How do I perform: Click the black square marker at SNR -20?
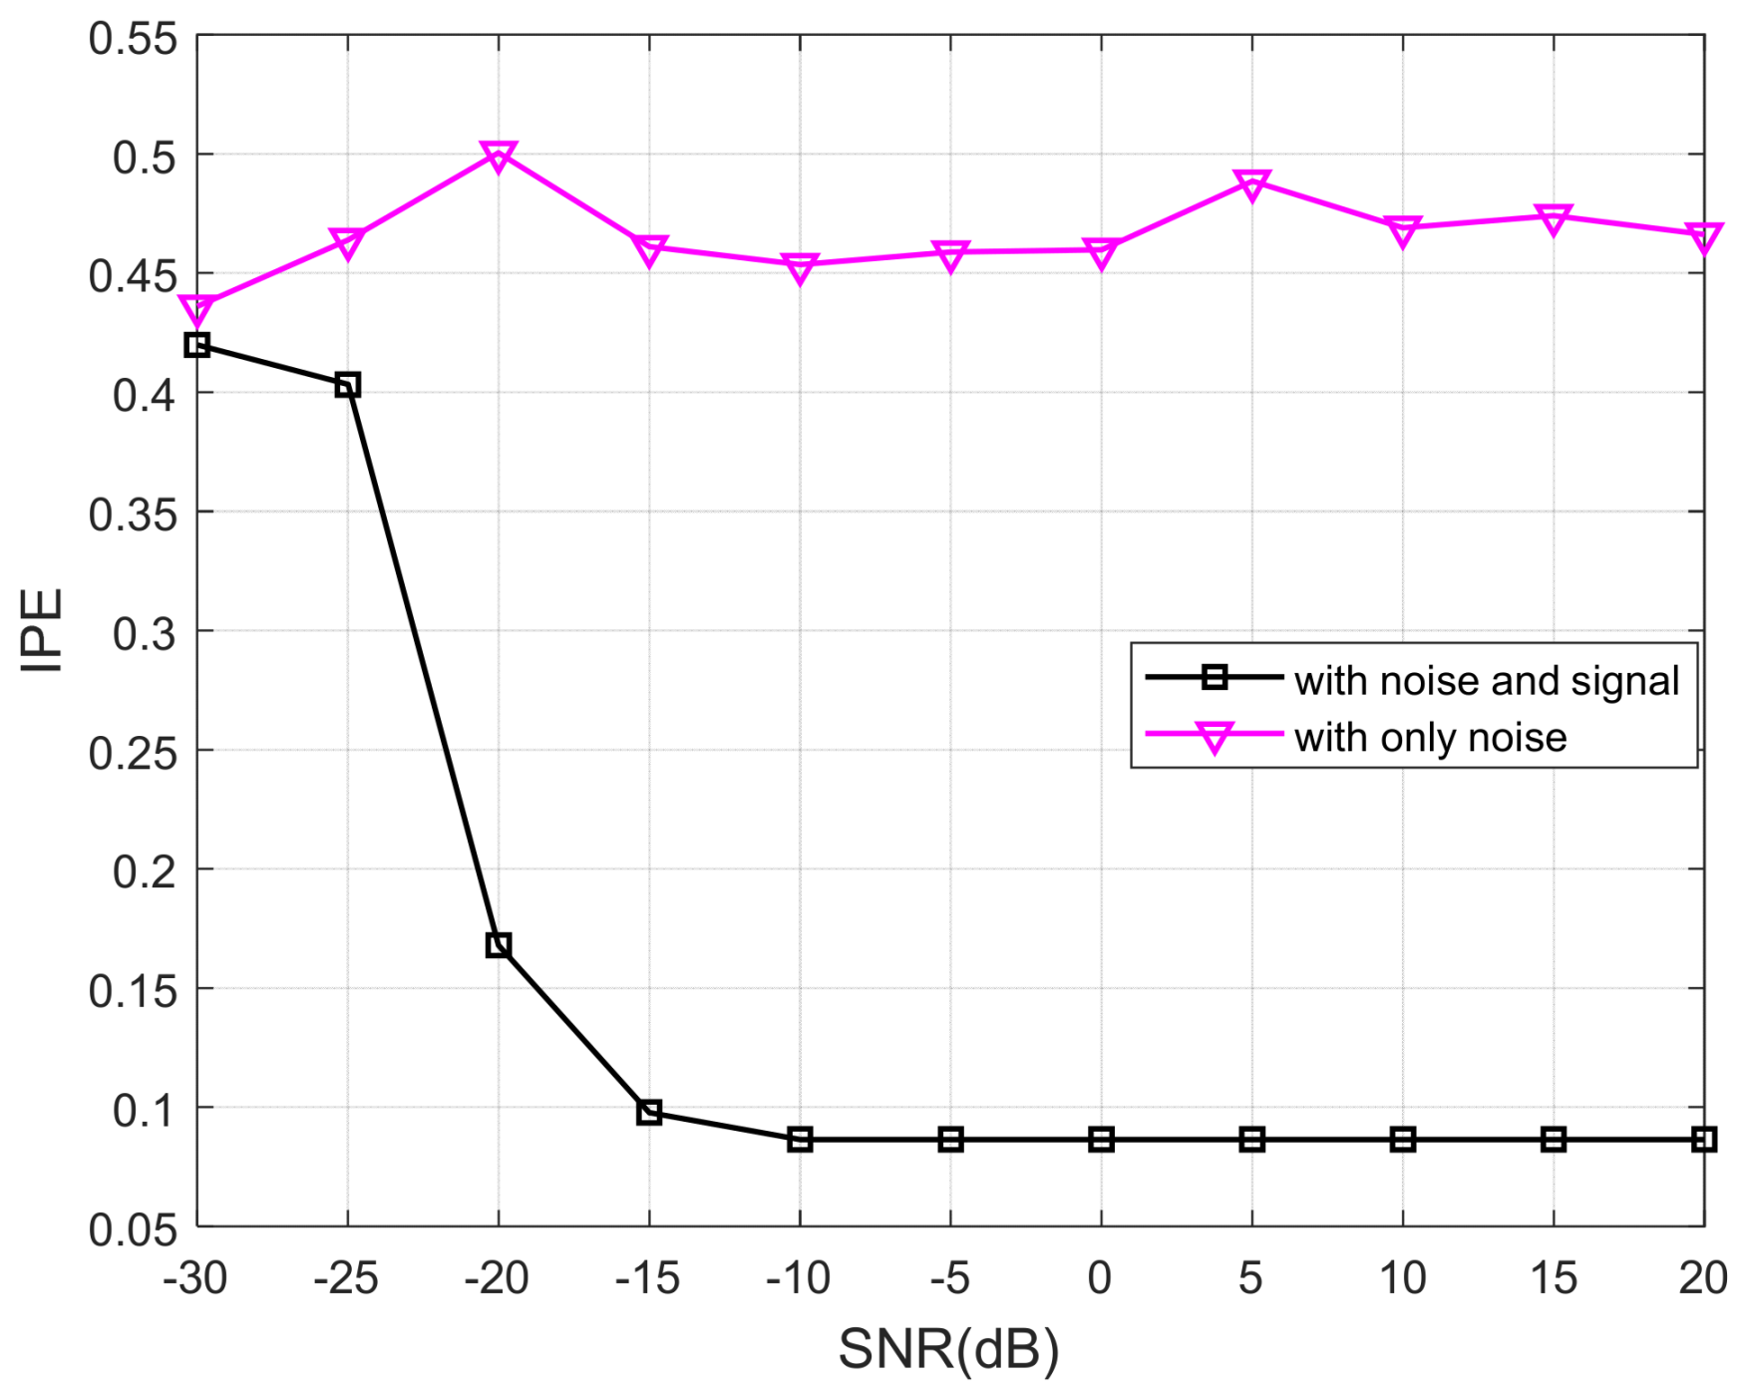coord(499,944)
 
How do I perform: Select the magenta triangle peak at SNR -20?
coord(499,156)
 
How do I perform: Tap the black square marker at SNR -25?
coord(348,385)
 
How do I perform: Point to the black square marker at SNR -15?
coord(649,1112)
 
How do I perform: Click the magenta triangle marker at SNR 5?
coord(1251,183)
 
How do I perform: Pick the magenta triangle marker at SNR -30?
coord(197,309)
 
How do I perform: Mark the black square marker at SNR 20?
coord(1703,1139)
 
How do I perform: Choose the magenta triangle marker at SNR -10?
coord(800,267)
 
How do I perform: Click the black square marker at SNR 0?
coord(1101,1139)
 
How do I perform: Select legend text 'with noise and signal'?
coord(1486,681)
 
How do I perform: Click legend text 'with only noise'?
coord(1430,738)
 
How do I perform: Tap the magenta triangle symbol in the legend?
coord(1215,738)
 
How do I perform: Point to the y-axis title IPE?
coord(42,630)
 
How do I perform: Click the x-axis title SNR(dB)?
coord(948,1349)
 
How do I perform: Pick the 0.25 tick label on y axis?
coord(133,753)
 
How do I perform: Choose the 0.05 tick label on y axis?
coord(133,1229)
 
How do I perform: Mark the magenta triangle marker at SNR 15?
coord(1553,219)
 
